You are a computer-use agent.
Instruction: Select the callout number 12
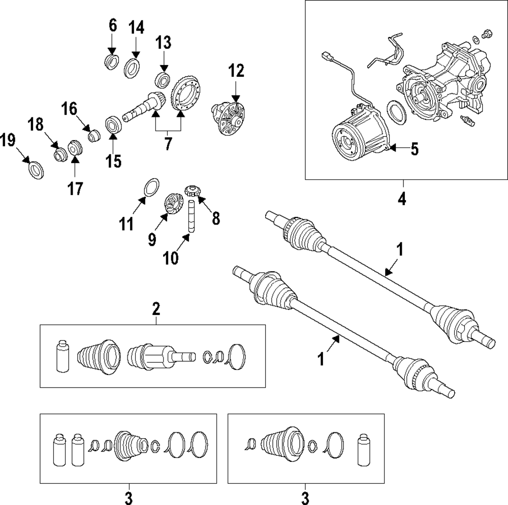(236, 71)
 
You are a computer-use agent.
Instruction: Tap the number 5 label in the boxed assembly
(415, 149)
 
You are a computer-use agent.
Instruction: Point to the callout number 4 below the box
(402, 199)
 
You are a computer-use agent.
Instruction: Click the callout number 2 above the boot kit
(156, 308)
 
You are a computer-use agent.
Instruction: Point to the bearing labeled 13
(163, 79)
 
